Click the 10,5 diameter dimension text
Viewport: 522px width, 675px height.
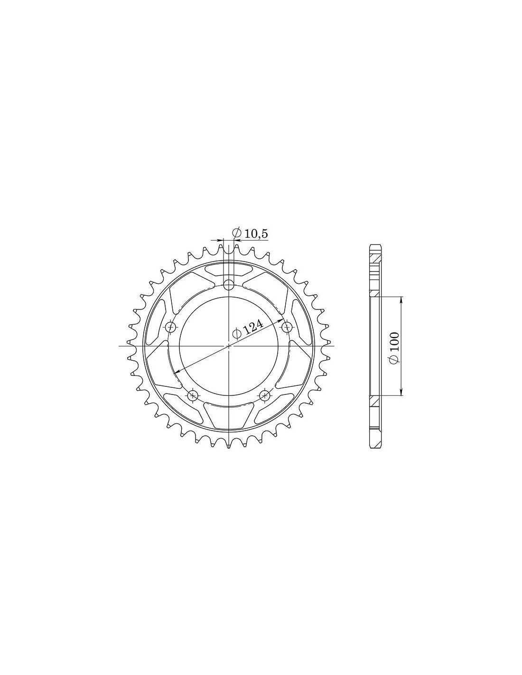click(x=256, y=234)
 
